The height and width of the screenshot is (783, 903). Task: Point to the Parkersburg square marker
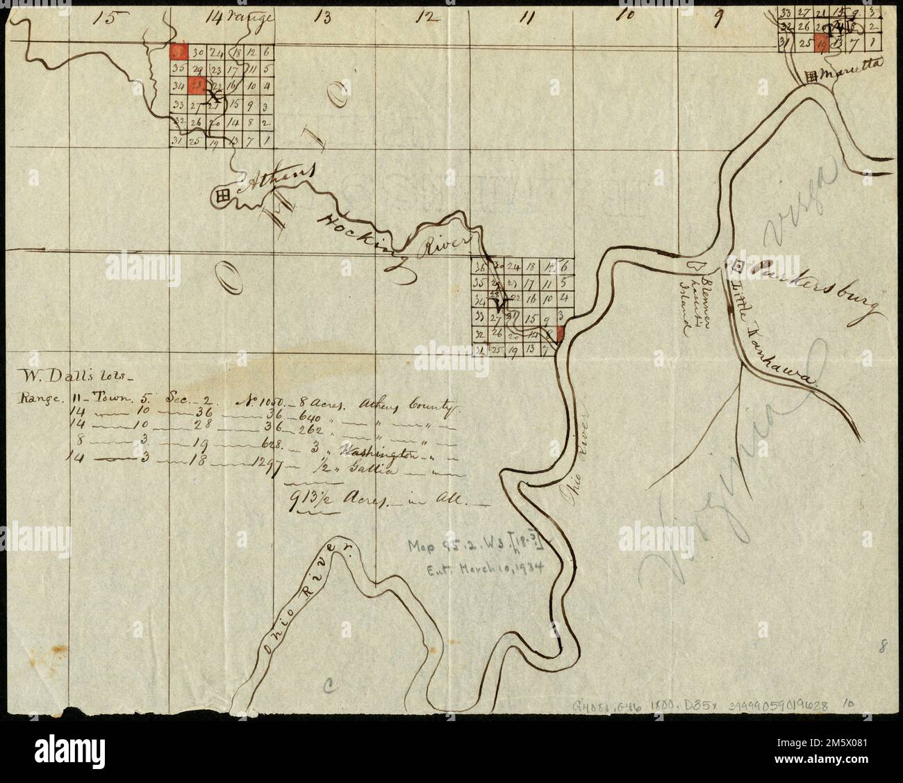point(738,265)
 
